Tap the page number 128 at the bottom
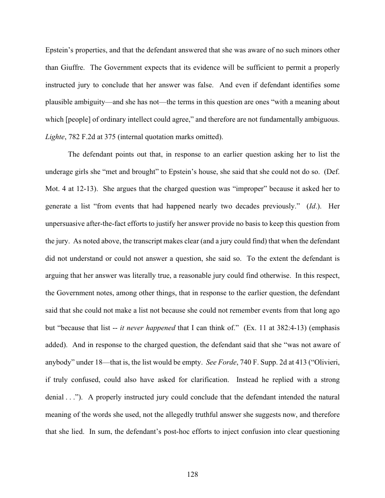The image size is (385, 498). [x=192, y=474]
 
